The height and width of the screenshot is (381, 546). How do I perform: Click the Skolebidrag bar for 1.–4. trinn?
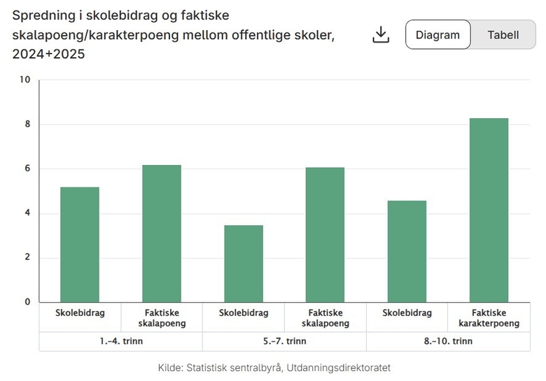pos(80,245)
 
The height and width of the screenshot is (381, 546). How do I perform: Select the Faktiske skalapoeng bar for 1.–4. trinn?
pos(162,233)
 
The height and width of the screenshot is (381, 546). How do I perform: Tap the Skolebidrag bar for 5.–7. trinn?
pos(244,264)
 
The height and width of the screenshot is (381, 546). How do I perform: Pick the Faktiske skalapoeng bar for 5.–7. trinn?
pos(325,235)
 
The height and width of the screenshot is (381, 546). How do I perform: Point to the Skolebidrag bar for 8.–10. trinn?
pos(407,251)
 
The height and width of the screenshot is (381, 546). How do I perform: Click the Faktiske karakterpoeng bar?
pos(489,210)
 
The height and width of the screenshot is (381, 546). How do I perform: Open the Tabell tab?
pos(503,35)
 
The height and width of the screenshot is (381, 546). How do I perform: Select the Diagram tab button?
pos(437,35)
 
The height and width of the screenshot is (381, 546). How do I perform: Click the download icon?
pos(380,35)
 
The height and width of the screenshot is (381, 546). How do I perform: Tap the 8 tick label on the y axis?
pos(27,124)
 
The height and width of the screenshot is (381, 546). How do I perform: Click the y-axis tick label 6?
pos(27,169)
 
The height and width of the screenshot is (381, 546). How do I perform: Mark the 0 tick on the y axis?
pos(27,302)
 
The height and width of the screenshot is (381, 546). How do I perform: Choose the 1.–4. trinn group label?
pos(121,341)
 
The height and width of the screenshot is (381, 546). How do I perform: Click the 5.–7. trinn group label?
pos(284,341)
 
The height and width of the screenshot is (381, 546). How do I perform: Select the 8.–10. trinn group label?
pos(448,341)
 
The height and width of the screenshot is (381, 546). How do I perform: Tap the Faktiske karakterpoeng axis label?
pos(489,318)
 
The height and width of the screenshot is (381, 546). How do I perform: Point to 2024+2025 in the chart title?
pos(48,54)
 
